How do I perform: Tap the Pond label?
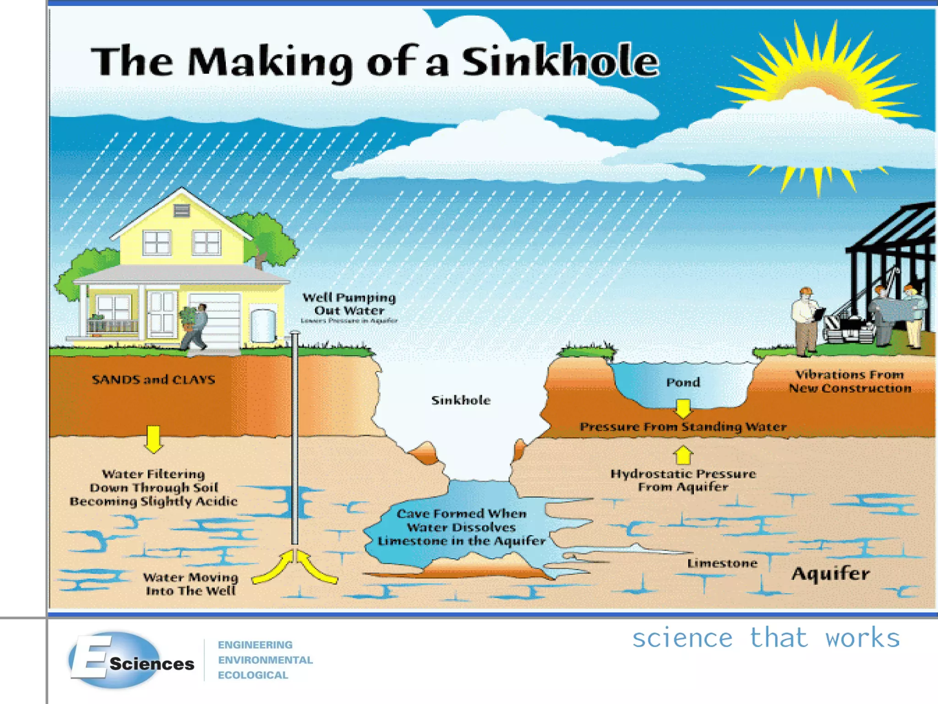(x=683, y=382)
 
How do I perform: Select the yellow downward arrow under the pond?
(x=683, y=408)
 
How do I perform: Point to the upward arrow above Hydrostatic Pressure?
(x=683, y=456)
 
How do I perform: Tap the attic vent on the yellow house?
(x=181, y=211)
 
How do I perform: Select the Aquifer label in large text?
(x=830, y=574)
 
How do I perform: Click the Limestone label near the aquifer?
(x=722, y=563)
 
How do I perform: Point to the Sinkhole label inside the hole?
(x=461, y=400)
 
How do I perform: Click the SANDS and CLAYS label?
(x=153, y=379)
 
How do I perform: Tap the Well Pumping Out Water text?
(x=349, y=304)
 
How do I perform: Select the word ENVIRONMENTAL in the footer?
(x=265, y=660)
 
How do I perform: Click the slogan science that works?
(x=766, y=638)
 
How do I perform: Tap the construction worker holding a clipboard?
(x=805, y=321)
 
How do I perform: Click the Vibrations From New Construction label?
(x=850, y=381)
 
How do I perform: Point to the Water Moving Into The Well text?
(x=191, y=584)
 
